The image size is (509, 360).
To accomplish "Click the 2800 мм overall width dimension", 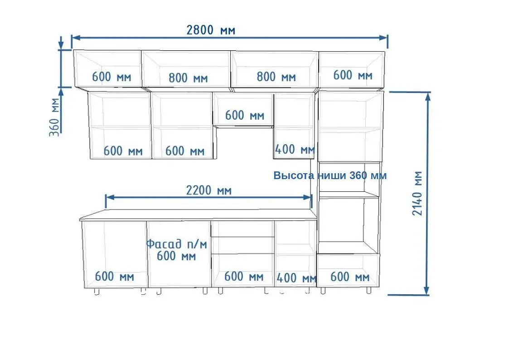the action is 211,30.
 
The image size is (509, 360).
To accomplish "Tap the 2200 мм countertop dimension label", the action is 209,190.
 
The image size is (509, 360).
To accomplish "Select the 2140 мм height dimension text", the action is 417,194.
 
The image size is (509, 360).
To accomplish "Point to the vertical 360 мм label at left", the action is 54,117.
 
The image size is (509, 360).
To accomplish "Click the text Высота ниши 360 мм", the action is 330,175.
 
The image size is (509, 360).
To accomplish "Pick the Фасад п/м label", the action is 177,244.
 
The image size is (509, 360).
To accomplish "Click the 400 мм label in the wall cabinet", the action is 295,149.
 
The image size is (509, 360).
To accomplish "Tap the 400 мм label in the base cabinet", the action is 296,278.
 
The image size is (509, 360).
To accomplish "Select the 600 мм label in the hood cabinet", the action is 245,115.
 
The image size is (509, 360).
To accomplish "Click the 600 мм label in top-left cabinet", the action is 111,77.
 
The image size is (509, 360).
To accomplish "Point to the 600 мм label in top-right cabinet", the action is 353,75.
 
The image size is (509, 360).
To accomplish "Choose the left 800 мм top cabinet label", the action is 188,78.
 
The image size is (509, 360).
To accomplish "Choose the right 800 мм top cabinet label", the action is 276,77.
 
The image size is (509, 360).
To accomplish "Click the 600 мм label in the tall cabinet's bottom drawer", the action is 350,277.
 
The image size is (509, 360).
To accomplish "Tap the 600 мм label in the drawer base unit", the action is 244,277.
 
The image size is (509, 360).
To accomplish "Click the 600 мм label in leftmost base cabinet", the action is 114,277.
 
